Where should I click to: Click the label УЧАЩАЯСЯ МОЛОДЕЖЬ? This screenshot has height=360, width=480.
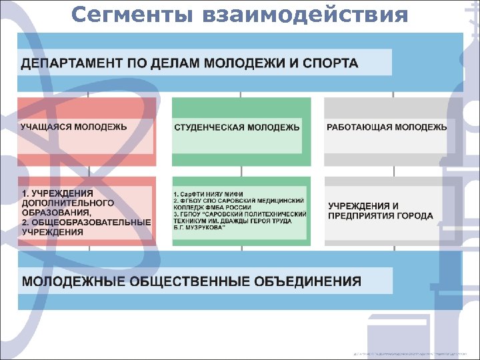pos(74,126)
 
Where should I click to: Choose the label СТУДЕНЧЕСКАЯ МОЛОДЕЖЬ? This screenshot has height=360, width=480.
pos(237,127)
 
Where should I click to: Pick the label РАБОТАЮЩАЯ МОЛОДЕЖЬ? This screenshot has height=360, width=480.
pos(387,127)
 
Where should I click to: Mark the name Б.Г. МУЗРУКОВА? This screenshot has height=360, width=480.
pos(199,227)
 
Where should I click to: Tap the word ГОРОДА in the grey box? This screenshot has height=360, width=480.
pos(418,216)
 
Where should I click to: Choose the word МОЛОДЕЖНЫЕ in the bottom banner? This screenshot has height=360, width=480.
pos(73,281)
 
